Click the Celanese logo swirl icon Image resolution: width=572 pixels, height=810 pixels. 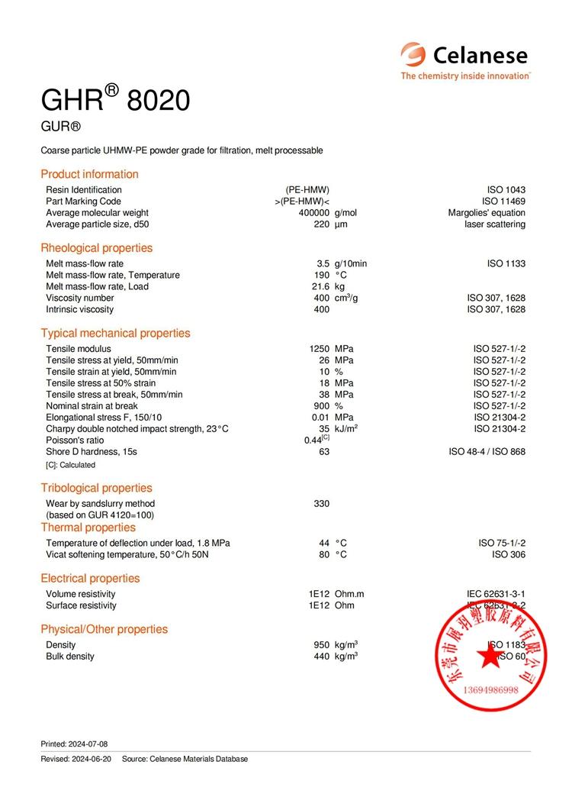[x=414, y=55]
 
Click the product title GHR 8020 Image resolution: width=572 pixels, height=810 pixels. [x=115, y=100]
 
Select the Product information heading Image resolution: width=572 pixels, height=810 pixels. [x=89, y=174]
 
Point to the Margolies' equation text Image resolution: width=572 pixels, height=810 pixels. [x=487, y=213]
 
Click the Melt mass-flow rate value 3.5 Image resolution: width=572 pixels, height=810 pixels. [x=323, y=263]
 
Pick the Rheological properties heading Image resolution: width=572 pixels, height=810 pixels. [x=96, y=248]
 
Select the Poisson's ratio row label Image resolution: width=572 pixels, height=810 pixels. [x=75, y=440]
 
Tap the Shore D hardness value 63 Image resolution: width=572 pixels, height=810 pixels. [x=324, y=452]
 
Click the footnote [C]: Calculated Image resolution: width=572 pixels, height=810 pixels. [x=71, y=465]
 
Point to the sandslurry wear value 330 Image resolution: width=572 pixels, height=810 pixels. [x=322, y=504]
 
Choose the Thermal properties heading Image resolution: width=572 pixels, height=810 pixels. [x=88, y=528]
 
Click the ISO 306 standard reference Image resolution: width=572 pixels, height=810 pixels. [x=508, y=555]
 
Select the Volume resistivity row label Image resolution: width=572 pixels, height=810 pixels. [x=81, y=594]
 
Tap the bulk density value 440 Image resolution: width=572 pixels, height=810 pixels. [x=322, y=657]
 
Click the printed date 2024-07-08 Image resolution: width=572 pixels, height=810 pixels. [x=87, y=744]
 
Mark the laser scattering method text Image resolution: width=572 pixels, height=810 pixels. [x=495, y=224]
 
